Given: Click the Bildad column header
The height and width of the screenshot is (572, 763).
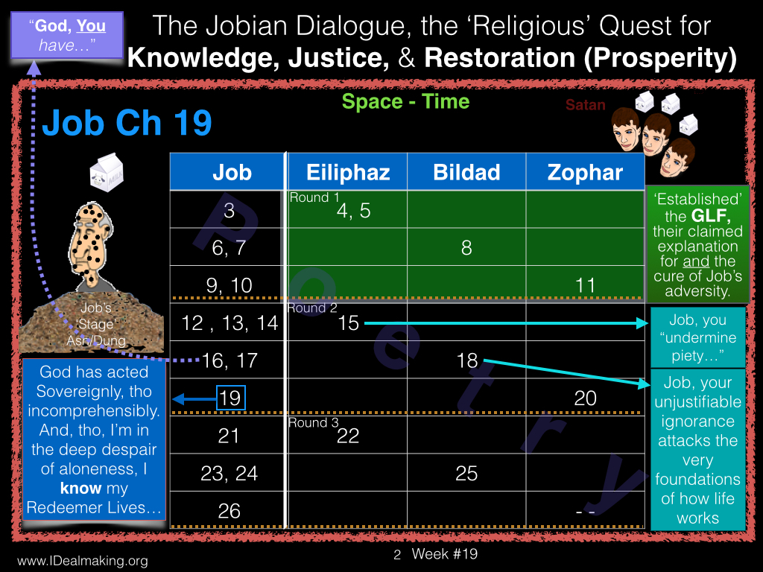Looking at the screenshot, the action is point(466,172).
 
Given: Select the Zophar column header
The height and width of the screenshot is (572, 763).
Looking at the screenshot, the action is point(585,172).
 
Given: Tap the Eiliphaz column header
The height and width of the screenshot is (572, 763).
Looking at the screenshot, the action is point(348,172).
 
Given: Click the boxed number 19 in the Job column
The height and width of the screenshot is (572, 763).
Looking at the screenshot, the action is point(231,398).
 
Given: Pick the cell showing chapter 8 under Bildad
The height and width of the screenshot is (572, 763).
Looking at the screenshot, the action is point(466,247).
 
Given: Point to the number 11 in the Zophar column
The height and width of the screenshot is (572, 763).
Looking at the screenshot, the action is point(585,285).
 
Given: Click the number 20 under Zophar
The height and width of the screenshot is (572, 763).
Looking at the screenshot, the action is point(585,398).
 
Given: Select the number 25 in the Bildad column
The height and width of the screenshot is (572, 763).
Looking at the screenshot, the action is point(466,473).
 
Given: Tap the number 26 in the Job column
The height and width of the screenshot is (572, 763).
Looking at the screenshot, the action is point(229,511).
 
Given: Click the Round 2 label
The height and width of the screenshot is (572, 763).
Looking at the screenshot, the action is point(312,308).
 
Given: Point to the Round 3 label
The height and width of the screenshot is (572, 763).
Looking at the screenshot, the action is point(314,423).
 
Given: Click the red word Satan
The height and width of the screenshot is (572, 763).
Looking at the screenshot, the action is point(586,104).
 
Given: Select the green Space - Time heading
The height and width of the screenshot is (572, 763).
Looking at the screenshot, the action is point(405,101).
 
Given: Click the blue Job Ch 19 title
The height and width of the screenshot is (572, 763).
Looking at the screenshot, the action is point(127,123).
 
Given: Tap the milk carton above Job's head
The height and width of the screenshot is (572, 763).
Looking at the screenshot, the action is point(107,173).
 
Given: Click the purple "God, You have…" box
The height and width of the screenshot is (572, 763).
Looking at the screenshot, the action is point(67,35).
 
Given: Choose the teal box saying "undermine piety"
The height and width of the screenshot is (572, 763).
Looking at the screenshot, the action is point(697,337).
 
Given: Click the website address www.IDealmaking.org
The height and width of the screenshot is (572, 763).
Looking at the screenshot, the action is point(83,561).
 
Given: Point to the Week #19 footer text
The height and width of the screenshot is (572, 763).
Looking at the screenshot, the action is point(444,554).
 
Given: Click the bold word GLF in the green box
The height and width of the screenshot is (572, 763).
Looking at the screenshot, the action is point(711,215).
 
